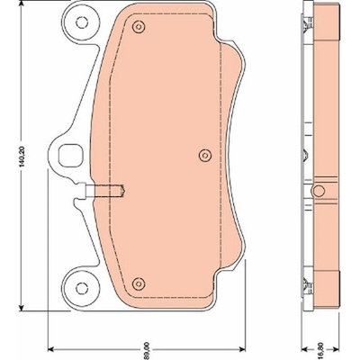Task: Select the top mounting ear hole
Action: (81, 22)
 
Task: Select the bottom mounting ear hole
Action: (81, 288)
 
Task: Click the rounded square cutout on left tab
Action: (70, 156)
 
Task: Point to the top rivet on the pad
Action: (139, 27)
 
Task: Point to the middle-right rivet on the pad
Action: (205, 156)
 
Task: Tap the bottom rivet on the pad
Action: (139, 283)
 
